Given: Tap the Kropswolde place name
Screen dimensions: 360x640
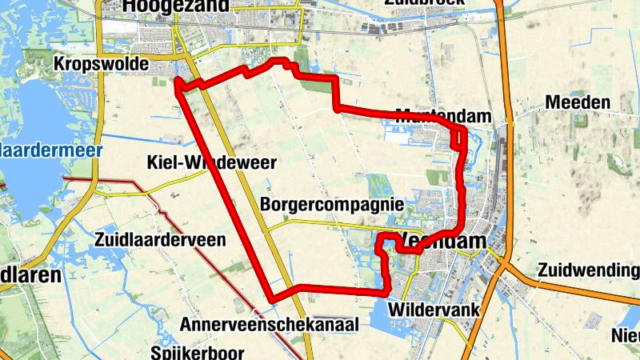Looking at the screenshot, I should click(x=102, y=63).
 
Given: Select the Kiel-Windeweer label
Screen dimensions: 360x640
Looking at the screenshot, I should click(x=211, y=163).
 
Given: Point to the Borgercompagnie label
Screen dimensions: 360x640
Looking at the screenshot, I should click(x=331, y=205).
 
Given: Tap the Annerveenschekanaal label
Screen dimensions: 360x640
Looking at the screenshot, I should click(x=270, y=324).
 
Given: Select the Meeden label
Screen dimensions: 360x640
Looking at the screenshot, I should click(x=578, y=102).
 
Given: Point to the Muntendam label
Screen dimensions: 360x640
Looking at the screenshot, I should click(x=443, y=116).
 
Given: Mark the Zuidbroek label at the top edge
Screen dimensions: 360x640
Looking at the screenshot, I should click(x=424, y=3).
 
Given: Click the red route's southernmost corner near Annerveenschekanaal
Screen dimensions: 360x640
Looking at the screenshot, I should click(x=274, y=298).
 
